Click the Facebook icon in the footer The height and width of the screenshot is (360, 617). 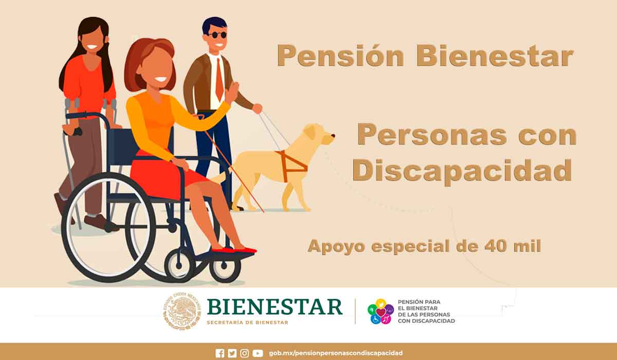[x=220, y=353]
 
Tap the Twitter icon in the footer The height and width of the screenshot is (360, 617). [x=232, y=353]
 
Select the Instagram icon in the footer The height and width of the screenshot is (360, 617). [x=245, y=353]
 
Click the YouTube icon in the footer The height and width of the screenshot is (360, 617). [x=258, y=353]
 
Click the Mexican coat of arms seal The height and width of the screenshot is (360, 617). [x=181, y=311]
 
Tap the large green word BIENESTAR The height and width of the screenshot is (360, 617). [x=275, y=307]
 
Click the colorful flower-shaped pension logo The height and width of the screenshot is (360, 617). [x=380, y=312]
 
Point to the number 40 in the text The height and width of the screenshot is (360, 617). [x=496, y=246]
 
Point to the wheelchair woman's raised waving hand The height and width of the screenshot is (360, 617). [x=233, y=93]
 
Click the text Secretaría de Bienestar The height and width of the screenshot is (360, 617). [x=247, y=322]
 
